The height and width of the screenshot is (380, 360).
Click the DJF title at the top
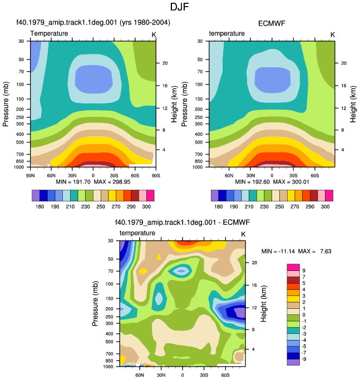tap(179, 7)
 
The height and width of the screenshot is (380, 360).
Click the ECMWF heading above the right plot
tap(272, 23)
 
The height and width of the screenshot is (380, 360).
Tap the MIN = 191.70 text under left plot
tap(73, 182)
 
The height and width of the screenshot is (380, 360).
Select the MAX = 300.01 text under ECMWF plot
tap(291, 182)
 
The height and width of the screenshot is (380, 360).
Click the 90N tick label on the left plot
tap(30, 175)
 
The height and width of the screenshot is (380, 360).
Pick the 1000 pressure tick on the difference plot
tap(108, 367)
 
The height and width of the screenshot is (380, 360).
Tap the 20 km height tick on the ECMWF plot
tap(343, 63)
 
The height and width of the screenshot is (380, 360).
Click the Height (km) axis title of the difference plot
tap(264, 303)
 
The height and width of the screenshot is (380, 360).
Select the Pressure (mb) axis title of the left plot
tap(6, 104)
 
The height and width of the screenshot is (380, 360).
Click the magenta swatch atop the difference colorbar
tap(293, 267)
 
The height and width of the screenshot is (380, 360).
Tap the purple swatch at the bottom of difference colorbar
tap(293, 362)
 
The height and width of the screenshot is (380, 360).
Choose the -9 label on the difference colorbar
tap(304, 359)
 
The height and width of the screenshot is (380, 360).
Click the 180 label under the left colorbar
tap(40, 207)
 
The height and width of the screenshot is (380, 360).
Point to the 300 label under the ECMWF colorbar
tap(325, 207)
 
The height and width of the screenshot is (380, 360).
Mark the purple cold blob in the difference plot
tap(240, 312)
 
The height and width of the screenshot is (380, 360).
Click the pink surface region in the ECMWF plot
tap(272, 166)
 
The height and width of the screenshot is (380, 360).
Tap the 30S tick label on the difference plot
tap(204, 375)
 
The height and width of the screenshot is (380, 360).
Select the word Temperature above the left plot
tap(49, 33)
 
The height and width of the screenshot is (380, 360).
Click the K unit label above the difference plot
tap(243, 234)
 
